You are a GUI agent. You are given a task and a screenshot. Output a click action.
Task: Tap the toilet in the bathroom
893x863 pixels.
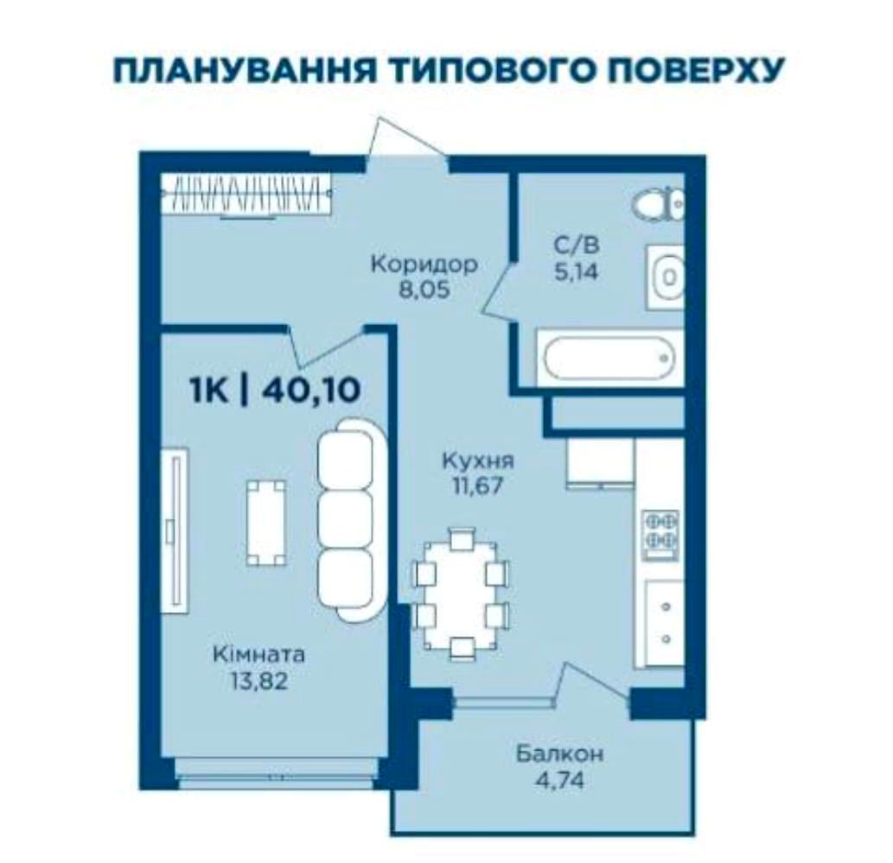point(659,205)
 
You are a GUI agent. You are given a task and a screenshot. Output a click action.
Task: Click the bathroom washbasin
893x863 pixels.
point(666,277)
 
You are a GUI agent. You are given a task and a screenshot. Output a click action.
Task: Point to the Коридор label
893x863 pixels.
point(424,264)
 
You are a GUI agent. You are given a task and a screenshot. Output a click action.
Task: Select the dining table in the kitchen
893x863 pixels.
point(462,593)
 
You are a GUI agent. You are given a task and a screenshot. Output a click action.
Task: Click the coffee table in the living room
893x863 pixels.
point(265,523)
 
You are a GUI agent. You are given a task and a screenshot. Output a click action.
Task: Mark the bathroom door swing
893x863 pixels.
point(500,290)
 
